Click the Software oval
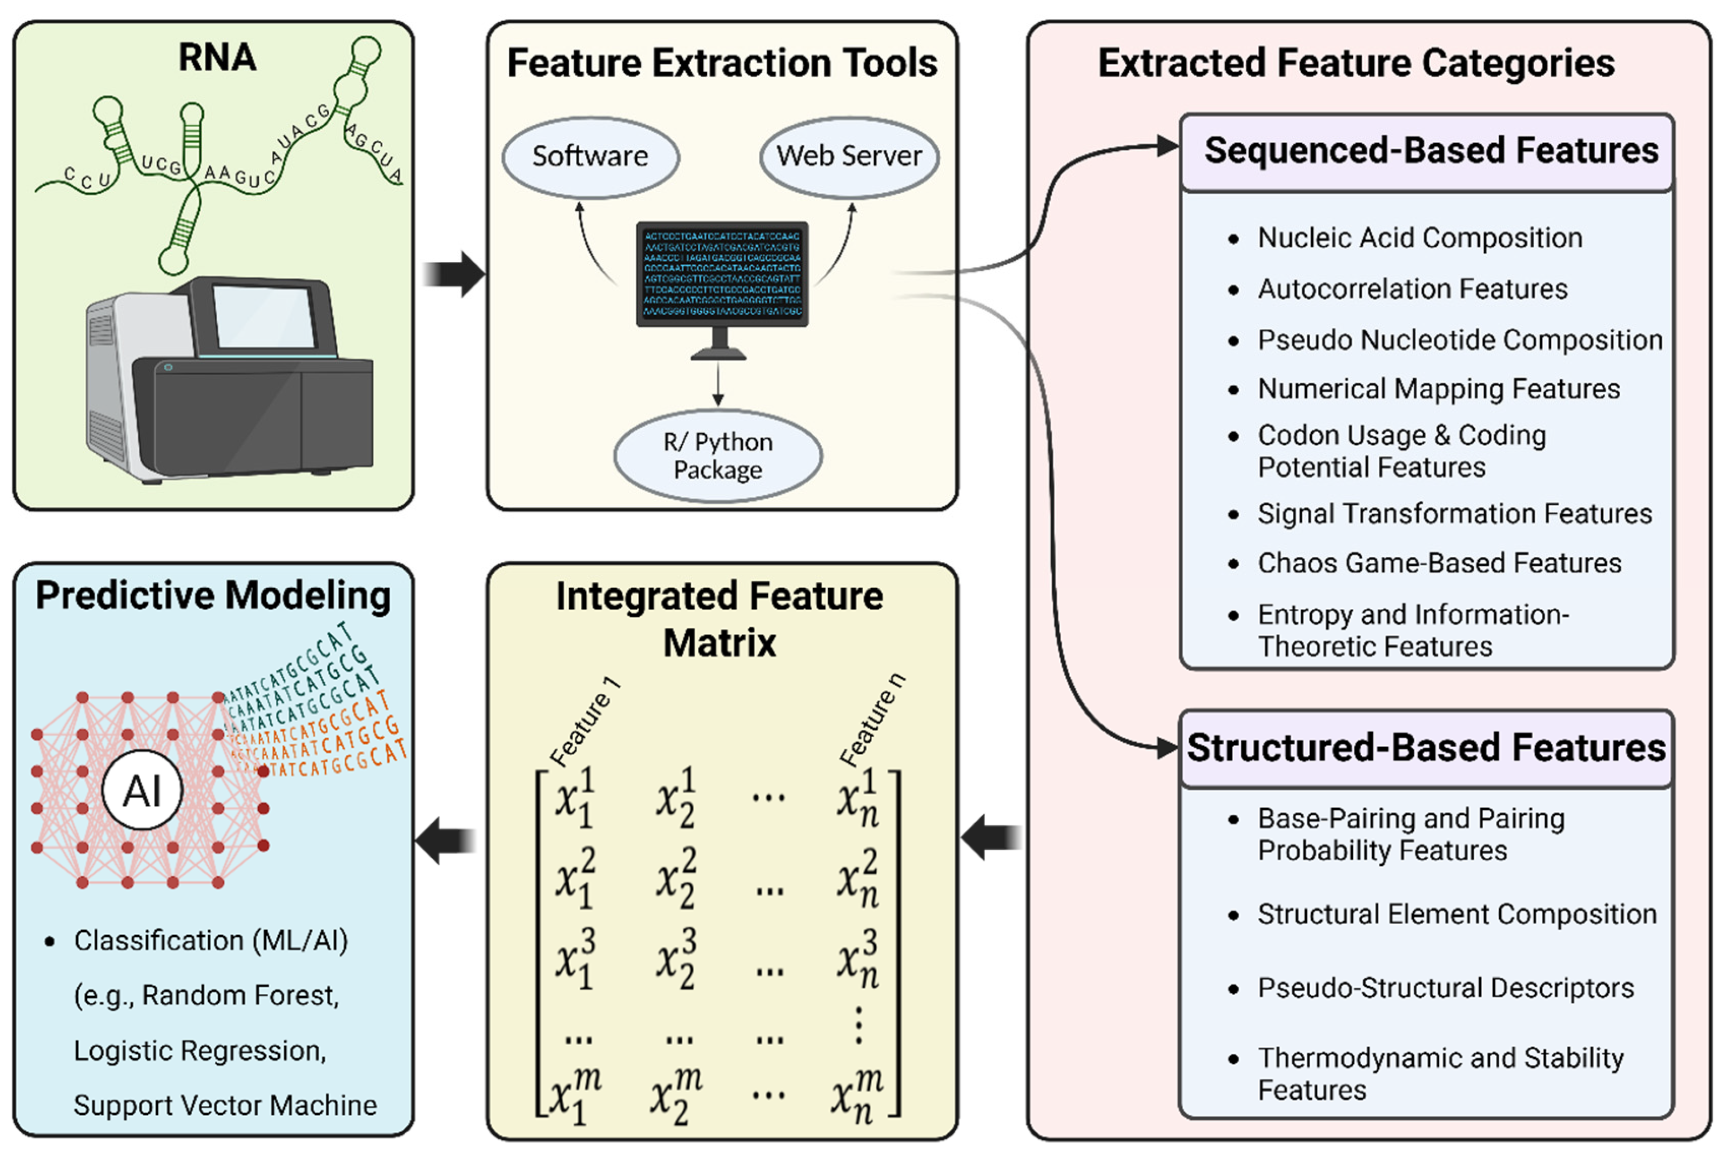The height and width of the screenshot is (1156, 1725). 590,156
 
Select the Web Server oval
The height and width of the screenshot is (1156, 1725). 849,156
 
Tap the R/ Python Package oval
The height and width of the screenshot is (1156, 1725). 717,455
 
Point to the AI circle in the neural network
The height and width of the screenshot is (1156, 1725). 142,791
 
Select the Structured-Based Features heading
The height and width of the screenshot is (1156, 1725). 1426,748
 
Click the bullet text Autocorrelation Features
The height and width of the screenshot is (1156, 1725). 1412,289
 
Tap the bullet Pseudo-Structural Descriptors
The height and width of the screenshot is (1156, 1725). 1445,988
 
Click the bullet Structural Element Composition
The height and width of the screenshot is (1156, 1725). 1456,914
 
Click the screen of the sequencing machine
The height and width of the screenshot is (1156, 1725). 263,317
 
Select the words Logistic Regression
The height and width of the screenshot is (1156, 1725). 199,1051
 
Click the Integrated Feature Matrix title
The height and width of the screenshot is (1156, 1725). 720,619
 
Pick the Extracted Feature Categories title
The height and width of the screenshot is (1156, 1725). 1357,63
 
